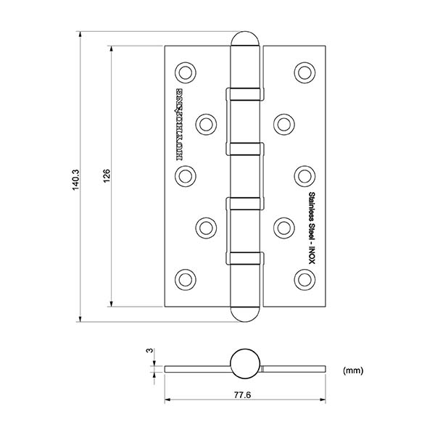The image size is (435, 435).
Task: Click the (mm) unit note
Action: (352, 370)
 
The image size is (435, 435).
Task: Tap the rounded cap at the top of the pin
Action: (246, 40)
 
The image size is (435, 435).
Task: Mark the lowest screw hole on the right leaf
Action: (304, 278)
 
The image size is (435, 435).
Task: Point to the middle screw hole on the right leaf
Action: (304, 175)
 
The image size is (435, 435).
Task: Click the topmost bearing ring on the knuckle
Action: (245, 93)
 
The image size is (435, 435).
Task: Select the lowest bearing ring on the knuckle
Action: (245, 257)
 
